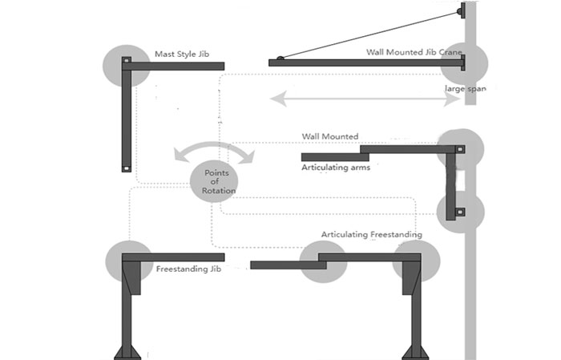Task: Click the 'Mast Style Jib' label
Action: pyautogui.click(x=181, y=55)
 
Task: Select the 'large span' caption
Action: pyautogui.click(x=465, y=88)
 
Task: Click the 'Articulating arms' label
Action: pyautogui.click(x=336, y=168)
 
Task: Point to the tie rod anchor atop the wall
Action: pyautogui.click(x=460, y=12)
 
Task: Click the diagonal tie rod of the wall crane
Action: pyautogui.click(x=369, y=34)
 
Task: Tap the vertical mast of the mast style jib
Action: pyautogui.click(x=127, y=120)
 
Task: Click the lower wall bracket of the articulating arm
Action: pyautogui.click(x=461, y=211)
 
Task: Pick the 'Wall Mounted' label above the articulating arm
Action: pyautogui.click(x=329, y=137)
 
